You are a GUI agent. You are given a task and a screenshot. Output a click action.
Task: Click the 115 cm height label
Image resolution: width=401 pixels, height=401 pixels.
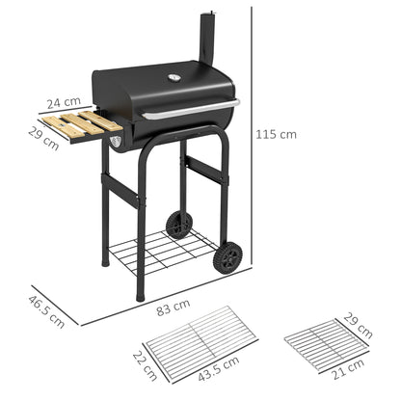(x=277, y=135)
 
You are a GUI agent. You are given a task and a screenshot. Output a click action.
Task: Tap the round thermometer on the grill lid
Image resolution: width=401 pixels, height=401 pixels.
(x=174, y=78)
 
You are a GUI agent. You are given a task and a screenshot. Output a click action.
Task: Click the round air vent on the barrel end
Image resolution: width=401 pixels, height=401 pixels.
(x=116, y=143)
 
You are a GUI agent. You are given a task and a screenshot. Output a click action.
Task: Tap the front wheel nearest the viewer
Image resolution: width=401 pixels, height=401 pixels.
(x=227, y=257)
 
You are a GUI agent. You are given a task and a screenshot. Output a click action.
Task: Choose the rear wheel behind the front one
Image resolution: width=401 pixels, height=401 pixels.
(x=178, y=225)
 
